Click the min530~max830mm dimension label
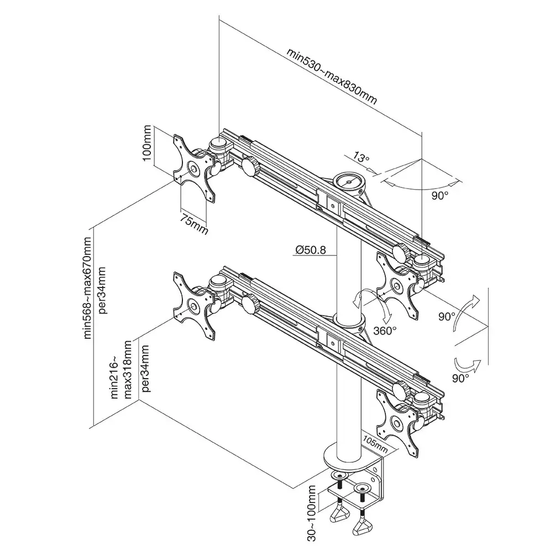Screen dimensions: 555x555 point(332,76)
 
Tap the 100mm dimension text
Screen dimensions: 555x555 point(147,145)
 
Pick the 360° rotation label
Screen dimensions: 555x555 point(385,331)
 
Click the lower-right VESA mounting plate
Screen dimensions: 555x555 point(396,422)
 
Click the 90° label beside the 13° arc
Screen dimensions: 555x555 point(440,195)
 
